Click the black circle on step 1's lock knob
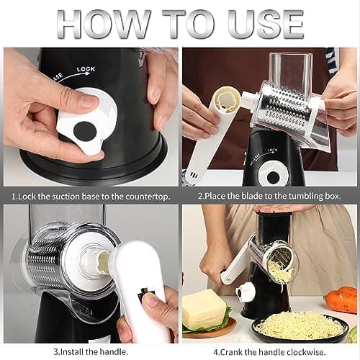86,131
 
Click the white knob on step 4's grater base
245,292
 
